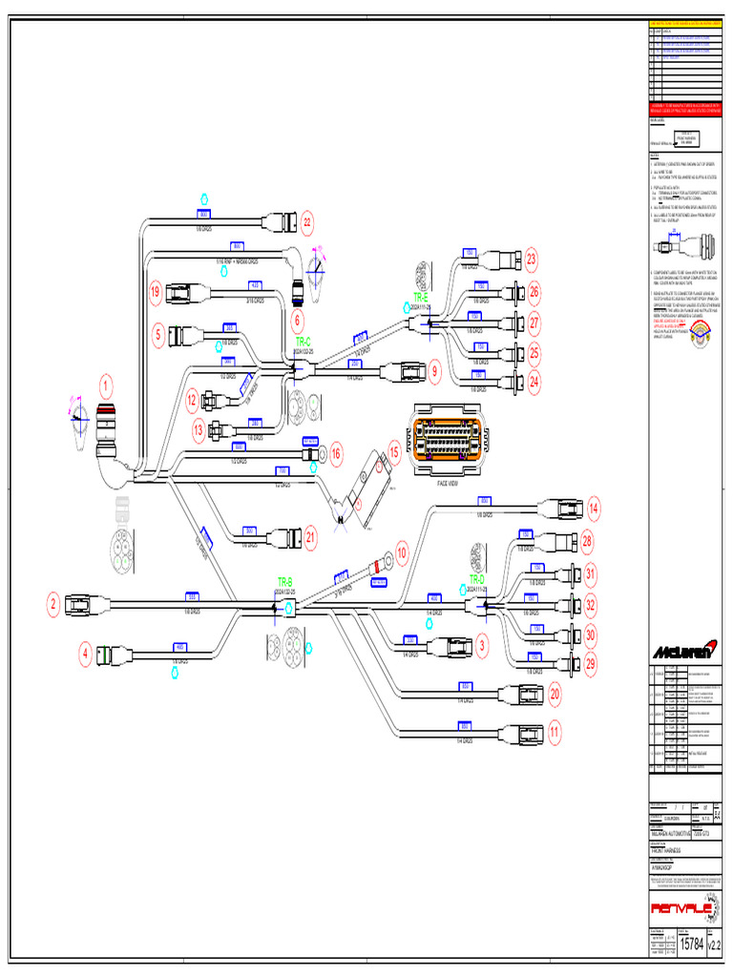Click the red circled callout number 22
tap(307, 223)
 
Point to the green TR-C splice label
tap(304, 341)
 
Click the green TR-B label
tap(284, 581)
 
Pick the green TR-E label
tap(420, 297)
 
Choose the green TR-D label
tap(476, 579)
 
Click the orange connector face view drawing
tap(448, 440)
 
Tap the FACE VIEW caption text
tap(448, 484)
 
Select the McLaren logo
tap(681, 652)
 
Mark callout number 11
tap(555, 732)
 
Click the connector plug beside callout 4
tap(115, 655)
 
